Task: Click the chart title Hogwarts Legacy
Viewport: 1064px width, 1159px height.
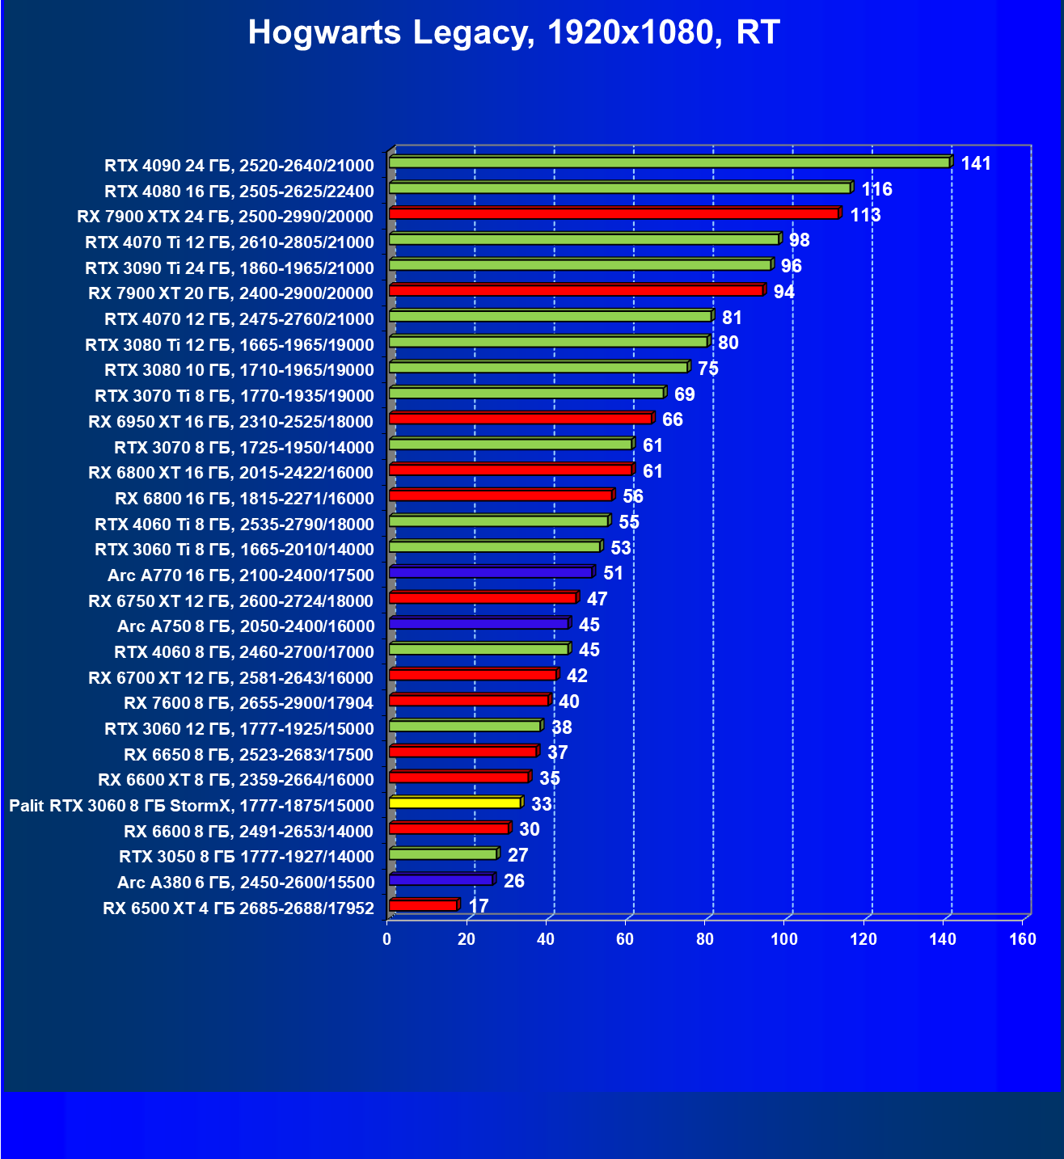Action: coord(513,33)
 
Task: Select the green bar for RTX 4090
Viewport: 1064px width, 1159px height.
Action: coord(669,162)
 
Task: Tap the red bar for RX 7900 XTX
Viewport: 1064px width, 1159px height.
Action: coord(614,213)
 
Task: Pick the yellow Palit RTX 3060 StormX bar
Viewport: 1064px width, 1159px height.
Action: coord(455,803)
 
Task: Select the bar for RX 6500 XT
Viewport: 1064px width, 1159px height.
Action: coord(423,905)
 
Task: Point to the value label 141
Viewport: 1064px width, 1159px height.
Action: coord(976,164)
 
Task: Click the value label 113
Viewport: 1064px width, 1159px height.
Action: coord(865,215)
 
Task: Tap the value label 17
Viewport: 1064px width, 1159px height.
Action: coord(479,906)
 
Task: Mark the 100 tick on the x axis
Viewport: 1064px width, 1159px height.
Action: coord(783,939)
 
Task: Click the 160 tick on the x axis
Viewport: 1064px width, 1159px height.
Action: coord(1023,939)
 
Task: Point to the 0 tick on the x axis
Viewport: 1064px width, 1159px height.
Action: coord(387,939)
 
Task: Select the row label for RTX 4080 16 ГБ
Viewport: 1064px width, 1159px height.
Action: coord(239,192)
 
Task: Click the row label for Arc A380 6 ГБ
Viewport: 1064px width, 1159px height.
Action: coord(246,883)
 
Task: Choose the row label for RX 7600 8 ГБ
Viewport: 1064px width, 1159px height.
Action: coord(249,703)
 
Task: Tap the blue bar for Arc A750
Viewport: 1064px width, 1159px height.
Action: coord(479,623)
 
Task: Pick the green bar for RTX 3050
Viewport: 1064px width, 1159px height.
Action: coord(443,853)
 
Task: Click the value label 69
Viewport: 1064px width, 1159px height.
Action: coord(684,394)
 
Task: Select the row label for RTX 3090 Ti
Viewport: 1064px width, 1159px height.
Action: coord(230,268)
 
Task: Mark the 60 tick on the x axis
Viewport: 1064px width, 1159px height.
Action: coord(625,939)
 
